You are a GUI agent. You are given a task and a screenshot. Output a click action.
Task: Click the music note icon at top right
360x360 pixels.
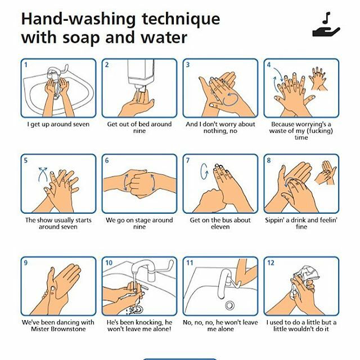click(x=326, y=18)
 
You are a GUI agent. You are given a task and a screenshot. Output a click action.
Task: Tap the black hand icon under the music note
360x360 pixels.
click(x=326, y=32)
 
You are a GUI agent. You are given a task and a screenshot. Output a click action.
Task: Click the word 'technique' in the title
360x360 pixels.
click(x=181, y=20)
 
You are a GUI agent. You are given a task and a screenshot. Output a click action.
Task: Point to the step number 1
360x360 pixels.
click(x=26, y=65)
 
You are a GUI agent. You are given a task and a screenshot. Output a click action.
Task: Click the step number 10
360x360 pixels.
click(x=109, y=263)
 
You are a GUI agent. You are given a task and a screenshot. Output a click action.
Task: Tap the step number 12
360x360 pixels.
click(x=271, y=263)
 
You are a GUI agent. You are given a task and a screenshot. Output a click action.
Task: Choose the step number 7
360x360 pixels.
click(x=188, y=160)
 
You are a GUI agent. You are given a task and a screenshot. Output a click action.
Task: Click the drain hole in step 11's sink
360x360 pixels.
click(x=229, y=305)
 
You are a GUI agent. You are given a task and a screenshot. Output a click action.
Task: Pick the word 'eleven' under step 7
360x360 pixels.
click(x=220, y=227)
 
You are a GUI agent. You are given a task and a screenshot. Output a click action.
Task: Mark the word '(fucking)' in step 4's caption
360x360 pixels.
click(x=320, y=131)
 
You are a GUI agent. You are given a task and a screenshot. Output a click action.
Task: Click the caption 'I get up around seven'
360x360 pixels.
click(x=58, y=124)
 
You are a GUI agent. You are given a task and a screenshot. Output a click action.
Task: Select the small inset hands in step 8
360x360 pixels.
click(x=326, y=172)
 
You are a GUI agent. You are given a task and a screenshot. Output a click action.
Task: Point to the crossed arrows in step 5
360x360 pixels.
click(x=43, y=174)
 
